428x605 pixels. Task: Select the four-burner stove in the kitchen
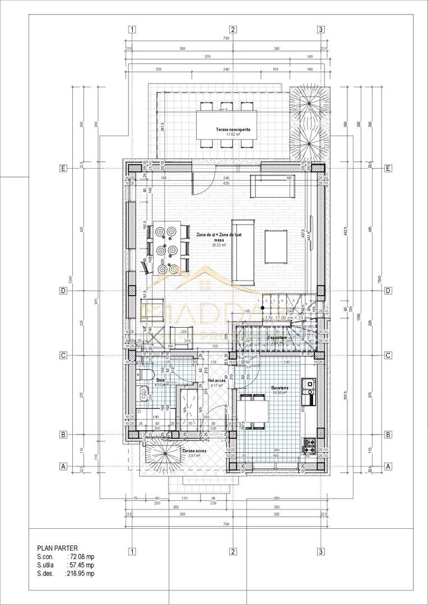pos(309,446)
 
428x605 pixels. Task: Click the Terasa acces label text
pos(193,450)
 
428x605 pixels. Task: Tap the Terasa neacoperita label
pos(233,129)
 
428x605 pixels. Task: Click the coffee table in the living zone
pos(277,246)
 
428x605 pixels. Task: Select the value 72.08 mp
pos(81,557)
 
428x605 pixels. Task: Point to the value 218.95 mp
pos(80,574)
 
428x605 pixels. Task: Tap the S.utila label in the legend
pos(48,565)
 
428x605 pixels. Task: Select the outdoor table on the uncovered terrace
pos(227,124)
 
